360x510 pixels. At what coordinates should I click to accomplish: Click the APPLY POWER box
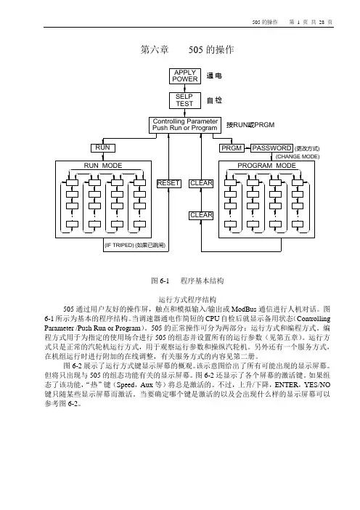185,76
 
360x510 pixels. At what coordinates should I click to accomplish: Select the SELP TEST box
185,100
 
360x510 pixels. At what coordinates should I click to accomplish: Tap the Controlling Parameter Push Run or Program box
185,125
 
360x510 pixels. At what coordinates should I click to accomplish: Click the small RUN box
102,148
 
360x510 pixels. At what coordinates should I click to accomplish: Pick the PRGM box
232,148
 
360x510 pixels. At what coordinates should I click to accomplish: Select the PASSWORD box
271,148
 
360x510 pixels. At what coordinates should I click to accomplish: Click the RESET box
168,184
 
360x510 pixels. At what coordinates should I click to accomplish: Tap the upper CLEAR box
202,184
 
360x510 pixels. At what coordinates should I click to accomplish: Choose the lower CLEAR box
202,215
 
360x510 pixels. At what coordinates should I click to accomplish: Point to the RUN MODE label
103,166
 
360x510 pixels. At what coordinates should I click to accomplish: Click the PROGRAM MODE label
267,166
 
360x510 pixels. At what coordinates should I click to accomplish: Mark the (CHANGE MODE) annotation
298,157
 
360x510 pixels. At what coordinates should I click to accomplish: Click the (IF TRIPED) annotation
119,246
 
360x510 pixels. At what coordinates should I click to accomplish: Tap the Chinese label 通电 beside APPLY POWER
214,76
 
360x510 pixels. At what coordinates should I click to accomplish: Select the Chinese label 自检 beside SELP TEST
214,100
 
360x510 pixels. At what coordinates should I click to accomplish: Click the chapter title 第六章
155,49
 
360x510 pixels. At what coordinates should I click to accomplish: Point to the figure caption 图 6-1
160,280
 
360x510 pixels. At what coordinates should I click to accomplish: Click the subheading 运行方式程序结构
187,299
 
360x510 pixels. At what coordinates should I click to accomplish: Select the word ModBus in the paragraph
244,309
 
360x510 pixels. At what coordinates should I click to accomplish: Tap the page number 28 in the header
322,22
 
